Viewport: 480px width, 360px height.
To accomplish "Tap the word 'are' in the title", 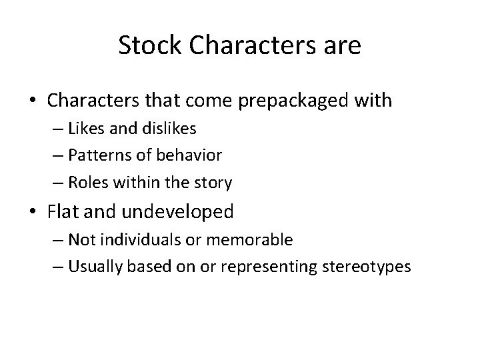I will pos(342,46).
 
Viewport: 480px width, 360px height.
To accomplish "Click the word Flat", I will pos(63,213).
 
